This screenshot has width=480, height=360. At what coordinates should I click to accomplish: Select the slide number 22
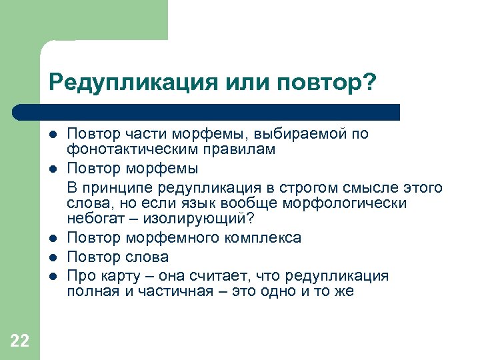click(20, 341)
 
